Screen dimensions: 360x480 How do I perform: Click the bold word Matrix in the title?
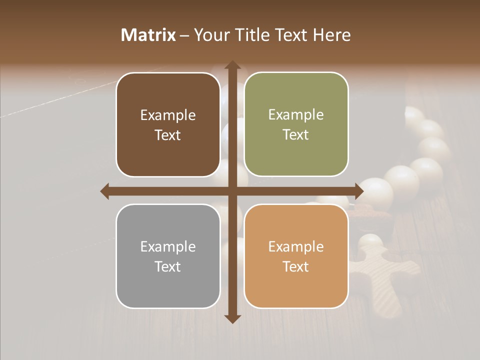pyautogui.click(x=148, y=35)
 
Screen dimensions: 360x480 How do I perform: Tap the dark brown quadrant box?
pyautogui.click(x=168, y=124)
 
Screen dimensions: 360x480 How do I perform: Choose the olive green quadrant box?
pyautogui.click(x=296, y=124)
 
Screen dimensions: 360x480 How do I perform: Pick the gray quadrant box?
pyautogui.click(x=168, y=256)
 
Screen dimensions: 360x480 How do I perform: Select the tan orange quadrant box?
pyautogui.click(x=296, y=256)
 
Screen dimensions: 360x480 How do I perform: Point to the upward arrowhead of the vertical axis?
pyautogui.click(x=232, y=65)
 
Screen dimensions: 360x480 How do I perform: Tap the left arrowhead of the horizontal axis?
pyautogui.click(x=105, y=191)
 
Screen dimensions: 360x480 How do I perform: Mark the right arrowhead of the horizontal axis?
pyautogui.click(x=359, y=191)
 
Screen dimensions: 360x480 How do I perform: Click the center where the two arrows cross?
pyautogui.click(x=232, y=191)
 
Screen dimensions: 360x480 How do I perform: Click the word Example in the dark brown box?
pyautogui.click(x=168, y=115)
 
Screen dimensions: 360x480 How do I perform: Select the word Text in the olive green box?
pyautogui.click(x=296, y=135)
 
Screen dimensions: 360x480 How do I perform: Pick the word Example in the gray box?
pyautogui.click(x=168, y=247)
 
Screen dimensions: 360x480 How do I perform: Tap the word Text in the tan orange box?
pyautogui.click(x=296, y=266)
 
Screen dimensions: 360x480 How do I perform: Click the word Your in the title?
pyautogui.click(x=210, y=35)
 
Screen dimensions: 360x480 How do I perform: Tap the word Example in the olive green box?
pyautogui.click(x=296, y=115)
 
